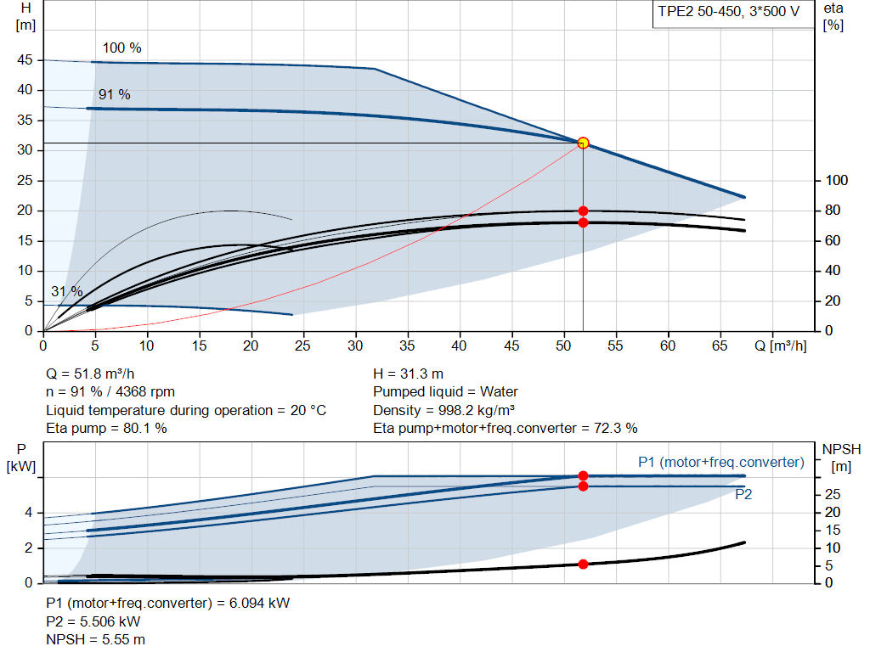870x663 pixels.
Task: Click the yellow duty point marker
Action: (x=583, y=143)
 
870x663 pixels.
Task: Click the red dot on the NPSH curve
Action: (x=583, y=565)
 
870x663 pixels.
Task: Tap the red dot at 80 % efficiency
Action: (x=583, y=211)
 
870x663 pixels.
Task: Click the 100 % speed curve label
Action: (x=122, y=48)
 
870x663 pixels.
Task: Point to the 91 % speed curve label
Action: (x=115, y=95)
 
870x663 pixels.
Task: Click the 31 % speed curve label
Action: (x=67, y=291)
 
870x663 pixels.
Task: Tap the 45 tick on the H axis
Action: (x=25, y=60)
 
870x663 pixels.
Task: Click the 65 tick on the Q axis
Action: (x=720, y=346)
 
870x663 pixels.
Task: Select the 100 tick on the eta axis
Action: (x=837, y=180)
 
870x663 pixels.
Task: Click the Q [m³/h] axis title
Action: (x=781, y=346)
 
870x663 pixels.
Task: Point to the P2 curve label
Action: (x=743, y=494)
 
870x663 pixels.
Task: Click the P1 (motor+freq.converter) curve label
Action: (x=721, y=463)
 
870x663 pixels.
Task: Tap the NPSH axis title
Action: (x=842, y=458)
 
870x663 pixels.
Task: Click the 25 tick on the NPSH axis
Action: (x=833, y=494)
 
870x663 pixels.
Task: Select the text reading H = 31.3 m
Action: (x=409, y=374)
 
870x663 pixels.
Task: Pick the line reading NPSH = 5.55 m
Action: (x=95, y=640)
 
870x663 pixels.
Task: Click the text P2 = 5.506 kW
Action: (x=93, y=621)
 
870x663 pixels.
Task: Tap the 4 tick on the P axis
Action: (x=28, y=513)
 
